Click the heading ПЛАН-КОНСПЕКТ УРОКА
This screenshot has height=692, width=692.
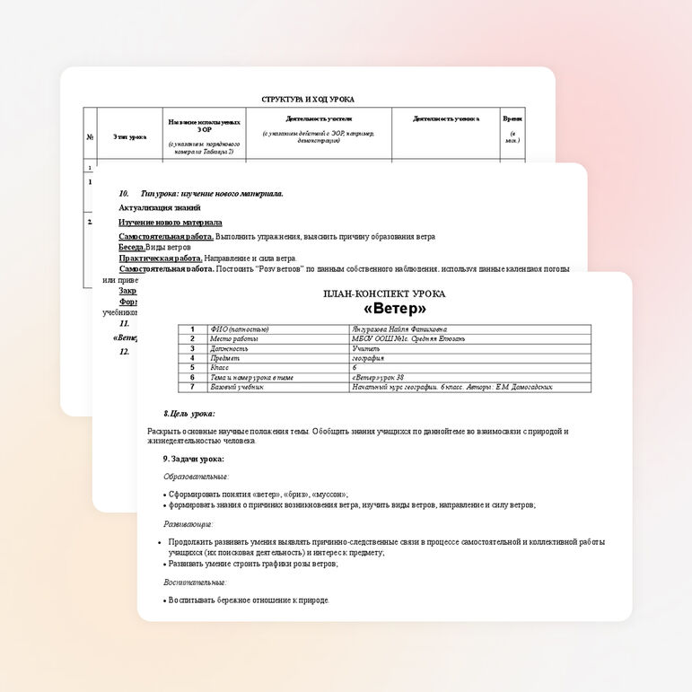pyautogui.click(x=384, y=293)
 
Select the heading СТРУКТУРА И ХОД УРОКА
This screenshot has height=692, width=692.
pyautogui.click(x=308, y=100)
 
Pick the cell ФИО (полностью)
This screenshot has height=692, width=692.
pyautogui.click(x=239, y=329)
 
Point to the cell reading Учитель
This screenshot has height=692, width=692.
pyautogui.click(x=366, y=348)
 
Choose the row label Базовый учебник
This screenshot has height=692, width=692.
pyautogui.click(x=237, y=387)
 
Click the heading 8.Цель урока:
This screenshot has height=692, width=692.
pyautogui.click(x=188, y=414)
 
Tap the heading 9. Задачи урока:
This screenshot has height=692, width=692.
pyautogui.click(x=192, y=459)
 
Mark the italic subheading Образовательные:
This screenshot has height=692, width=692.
pyautogui.click(x=196, y=477)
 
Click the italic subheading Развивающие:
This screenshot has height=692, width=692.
pyautogui.click(x=188, y=523)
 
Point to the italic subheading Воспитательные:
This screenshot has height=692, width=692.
pyautogui.click(x=195, y=583)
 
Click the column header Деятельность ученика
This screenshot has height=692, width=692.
pyautogui.click(x=446, y=118)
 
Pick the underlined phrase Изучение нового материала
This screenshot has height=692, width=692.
pyautogui.click(x=171, y=222)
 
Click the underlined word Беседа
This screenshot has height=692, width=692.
pyautogui.click(x=132, y=246)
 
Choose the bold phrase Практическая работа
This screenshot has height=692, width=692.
pyautogui.click(x=161, y=258)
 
